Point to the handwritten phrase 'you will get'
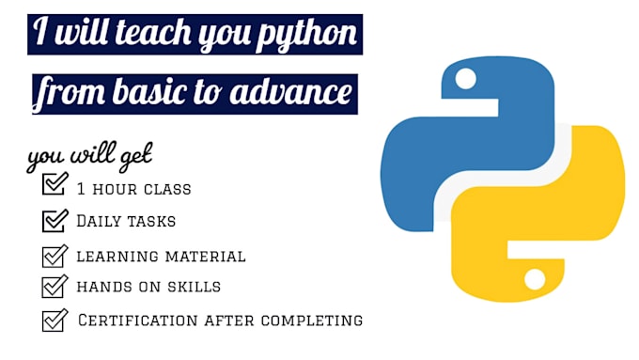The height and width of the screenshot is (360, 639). pos(89,156)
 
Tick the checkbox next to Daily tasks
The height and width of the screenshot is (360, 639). pos(55,221)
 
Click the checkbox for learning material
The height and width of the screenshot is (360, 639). pos(55,256)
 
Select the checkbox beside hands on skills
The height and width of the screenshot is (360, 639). pos(55,286)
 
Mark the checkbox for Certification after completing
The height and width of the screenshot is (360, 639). pos(55,321)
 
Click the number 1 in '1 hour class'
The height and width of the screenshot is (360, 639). pos(83,189)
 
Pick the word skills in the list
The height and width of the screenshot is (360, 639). pos(195,287)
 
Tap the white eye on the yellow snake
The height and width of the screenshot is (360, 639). pos(534,279)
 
